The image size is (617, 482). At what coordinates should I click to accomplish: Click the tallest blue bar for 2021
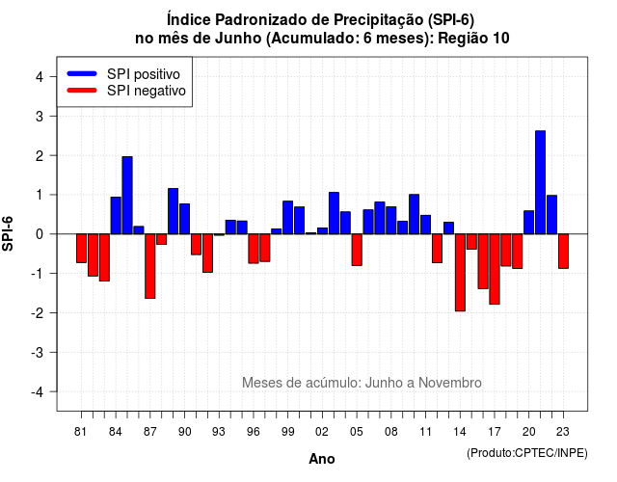click(x=540, y=182)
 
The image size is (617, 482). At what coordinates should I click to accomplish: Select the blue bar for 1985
click(x=127, y=195)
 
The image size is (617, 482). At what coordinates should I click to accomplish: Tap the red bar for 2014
click(x=460, y=272)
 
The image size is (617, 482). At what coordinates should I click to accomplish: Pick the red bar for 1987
click(x=150, y=266)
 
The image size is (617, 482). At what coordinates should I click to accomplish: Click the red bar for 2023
click(x=563, y=251)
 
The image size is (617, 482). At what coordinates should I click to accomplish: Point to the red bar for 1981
click(x=81, y=249)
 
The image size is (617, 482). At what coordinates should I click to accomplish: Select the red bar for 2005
click(x=357, y=250)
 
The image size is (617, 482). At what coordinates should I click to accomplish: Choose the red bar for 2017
click(x=495, y=269)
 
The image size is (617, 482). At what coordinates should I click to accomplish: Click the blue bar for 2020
click(x=529, y=223)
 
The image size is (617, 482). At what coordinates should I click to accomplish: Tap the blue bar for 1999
click(x=287, y=218)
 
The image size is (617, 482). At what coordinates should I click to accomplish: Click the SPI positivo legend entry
click(x=123, y=74)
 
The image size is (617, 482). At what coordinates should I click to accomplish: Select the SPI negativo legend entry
click(x=126, y=91)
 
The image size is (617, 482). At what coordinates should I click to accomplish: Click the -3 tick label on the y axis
click(x=37, y=352)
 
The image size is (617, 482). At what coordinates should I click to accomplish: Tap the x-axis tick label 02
click(x=322, y=432)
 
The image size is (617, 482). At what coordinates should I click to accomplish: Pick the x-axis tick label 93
click(x=219, y=432)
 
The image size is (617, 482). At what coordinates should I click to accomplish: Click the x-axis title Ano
click(x=322, y=459)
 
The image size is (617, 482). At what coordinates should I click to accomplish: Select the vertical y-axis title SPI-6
click(x=8, y=233)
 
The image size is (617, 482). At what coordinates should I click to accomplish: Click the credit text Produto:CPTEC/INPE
click(x=527, y=453)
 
